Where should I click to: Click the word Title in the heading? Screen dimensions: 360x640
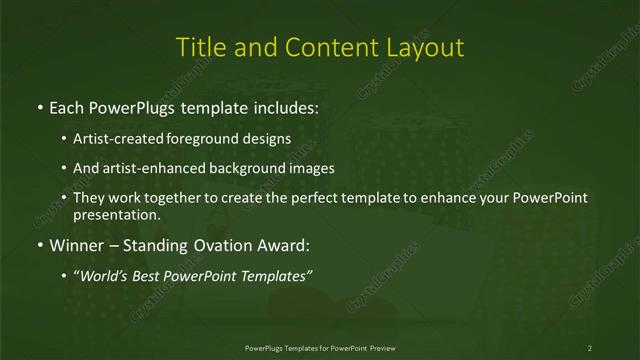click(200, 47)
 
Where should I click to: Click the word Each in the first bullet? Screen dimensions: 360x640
click(67, 105)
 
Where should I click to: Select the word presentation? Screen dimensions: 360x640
click(116, 214)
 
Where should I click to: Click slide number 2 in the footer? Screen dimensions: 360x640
click(590, 347)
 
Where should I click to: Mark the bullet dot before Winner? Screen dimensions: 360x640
click(39, 245)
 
